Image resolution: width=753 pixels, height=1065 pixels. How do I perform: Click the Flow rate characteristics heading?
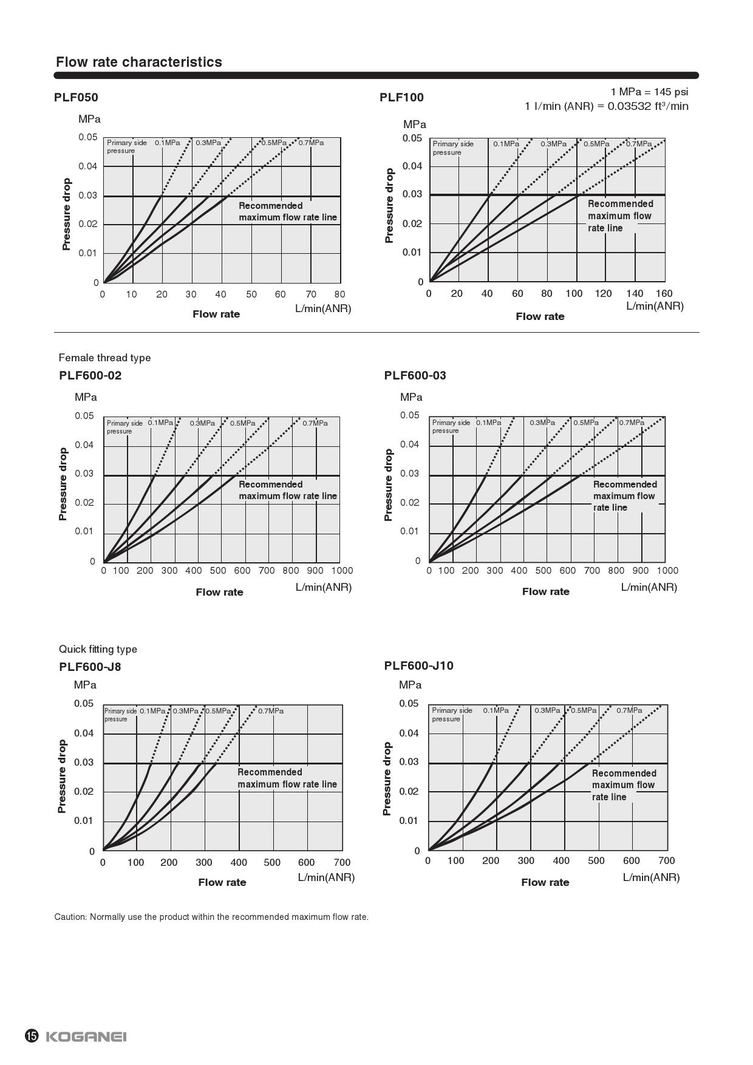[x=138, y=62]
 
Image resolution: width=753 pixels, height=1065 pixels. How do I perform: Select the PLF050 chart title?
[x=76, y=97]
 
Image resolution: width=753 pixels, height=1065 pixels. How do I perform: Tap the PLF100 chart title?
[x=401, y=97]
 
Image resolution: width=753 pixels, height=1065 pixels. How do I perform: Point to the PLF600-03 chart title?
[x=415, y=375]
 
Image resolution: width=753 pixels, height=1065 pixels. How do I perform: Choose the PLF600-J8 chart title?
[x=90, y=667]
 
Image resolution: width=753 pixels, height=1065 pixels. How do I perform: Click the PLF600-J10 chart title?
[x=418, y=665]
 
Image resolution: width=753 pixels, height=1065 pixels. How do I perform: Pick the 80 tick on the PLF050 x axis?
[x=339, y=294]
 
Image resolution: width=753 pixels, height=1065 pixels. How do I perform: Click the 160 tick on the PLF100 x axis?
[x=664, y=293]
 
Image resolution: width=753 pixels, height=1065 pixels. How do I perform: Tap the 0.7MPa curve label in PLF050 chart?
[x=311, y=143]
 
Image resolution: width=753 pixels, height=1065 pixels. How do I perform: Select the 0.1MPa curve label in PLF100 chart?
[x=506, y=144]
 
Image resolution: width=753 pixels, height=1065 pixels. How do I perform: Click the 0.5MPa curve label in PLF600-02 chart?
[x=242, y=423]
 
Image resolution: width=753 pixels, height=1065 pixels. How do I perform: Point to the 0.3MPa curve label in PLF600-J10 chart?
[x=547, y=710]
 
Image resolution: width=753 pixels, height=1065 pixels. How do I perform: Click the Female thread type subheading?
[x=104, y=358]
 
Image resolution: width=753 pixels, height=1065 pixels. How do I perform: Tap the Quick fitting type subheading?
[x=98, y=649]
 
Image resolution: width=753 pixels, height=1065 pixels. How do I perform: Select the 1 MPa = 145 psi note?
[x=649, y=92]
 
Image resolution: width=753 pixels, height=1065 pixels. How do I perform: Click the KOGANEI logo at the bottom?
[x=86, y=1036]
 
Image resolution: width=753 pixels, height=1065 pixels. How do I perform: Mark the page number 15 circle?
[x=32, y=1036]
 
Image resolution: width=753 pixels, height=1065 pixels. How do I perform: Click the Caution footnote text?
[x=211, y=917]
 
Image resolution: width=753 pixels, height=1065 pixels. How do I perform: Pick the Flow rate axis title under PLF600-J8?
[x=222, y=882]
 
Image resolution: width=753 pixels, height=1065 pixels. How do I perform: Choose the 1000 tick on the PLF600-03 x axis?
[x=667, y=571]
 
